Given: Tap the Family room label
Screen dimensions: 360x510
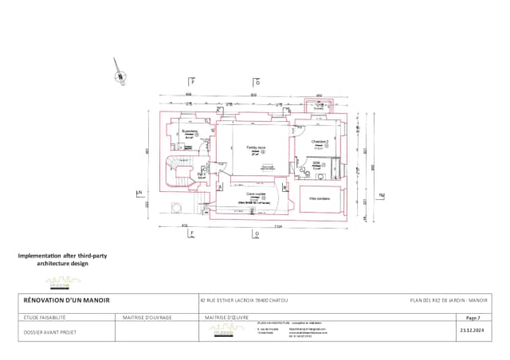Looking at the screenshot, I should [255, 148].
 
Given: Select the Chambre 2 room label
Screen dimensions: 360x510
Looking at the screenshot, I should [320, 142].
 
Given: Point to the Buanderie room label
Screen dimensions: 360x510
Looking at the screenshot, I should [190, 131].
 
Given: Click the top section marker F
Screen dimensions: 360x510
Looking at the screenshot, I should [191, 81].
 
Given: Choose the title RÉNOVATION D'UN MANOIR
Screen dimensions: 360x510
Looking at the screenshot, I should [64, 300].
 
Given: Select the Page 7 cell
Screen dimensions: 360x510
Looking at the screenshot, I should [473, 317].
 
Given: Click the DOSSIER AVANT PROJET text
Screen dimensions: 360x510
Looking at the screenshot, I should [49, 329].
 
